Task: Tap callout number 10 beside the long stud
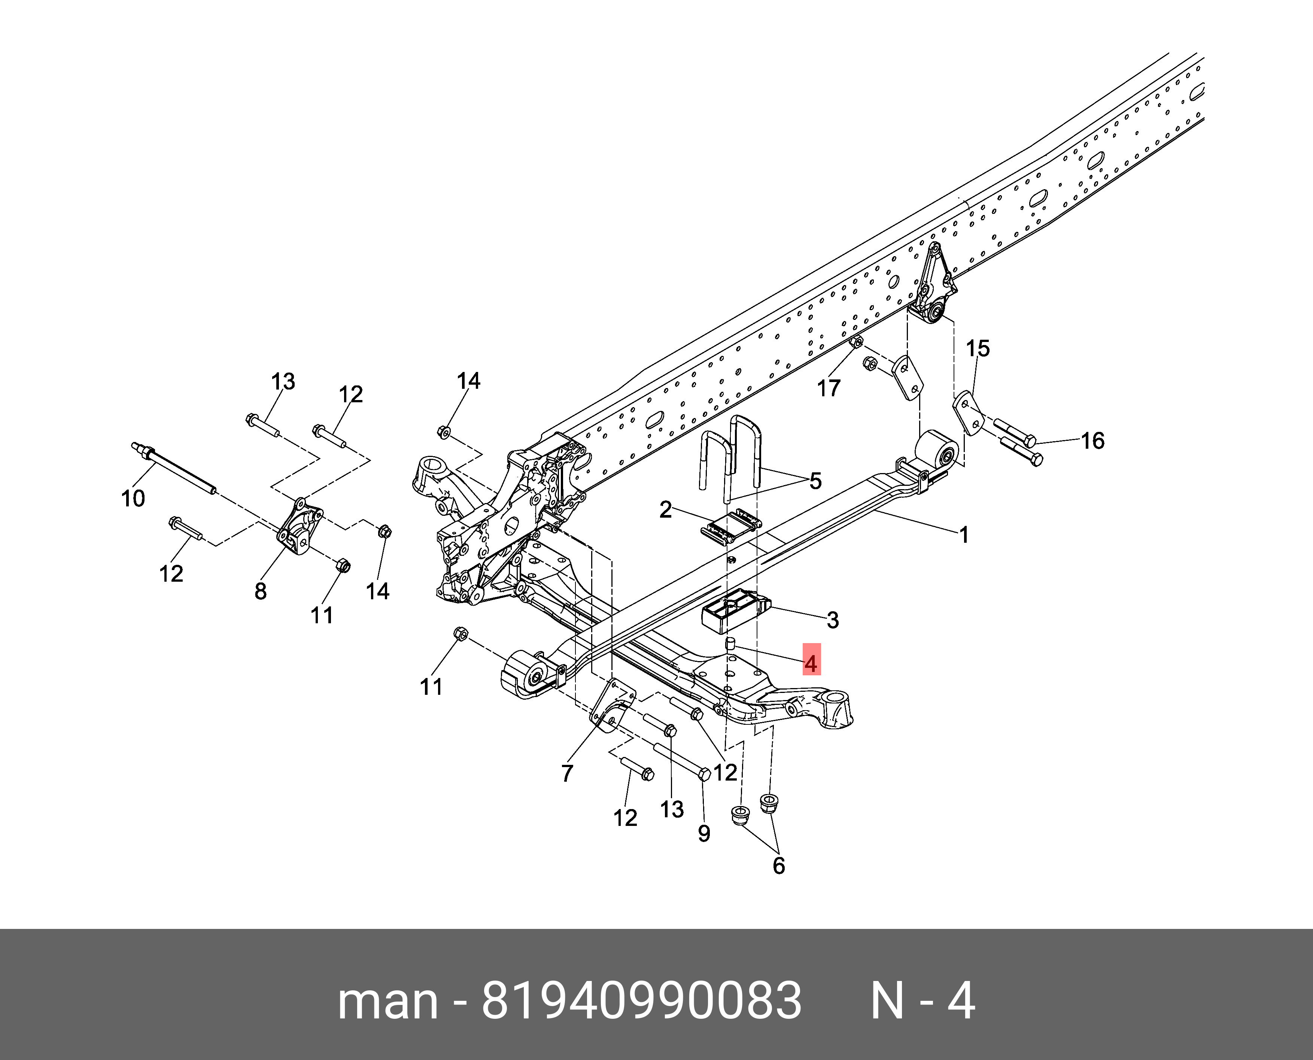point(133,498)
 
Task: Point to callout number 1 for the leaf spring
point(963,536)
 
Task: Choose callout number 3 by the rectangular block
point(833,620)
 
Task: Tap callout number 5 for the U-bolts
point(815,481)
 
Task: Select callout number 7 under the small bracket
point(567,773)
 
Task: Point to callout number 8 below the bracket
point(261,591)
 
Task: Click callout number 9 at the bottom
point(704,833)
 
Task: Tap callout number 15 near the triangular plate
point(977,349)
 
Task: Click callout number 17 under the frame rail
point(828,388)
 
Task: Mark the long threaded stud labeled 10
point(174,470)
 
